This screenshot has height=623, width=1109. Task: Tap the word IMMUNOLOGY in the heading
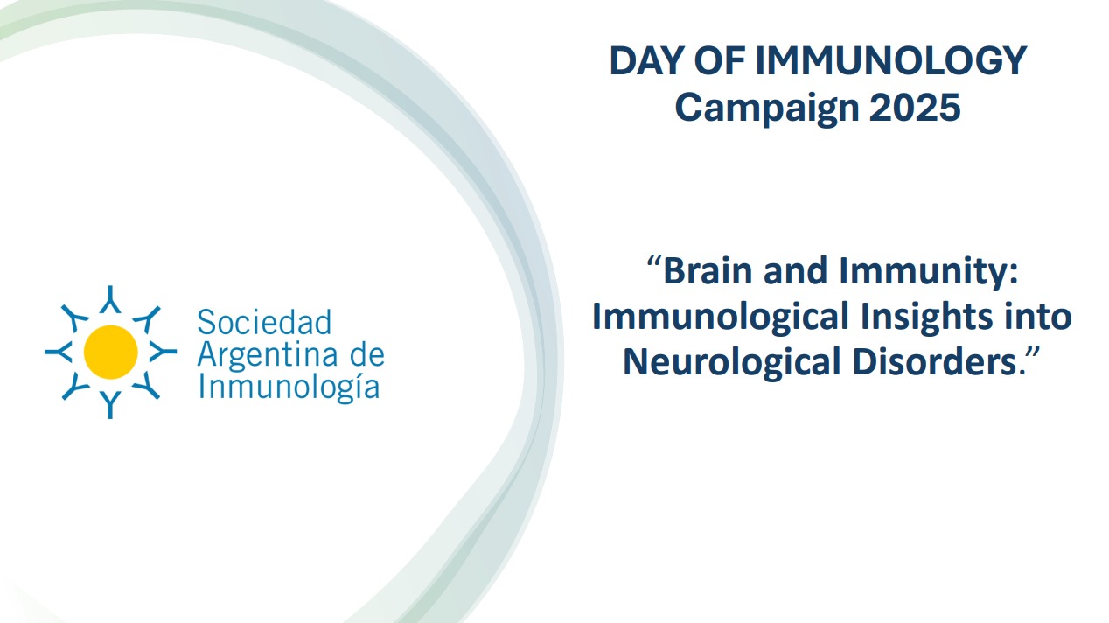point(890,60)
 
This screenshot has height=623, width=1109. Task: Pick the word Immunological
point(721,318)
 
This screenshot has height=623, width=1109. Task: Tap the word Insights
point(927,318)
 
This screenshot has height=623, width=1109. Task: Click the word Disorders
point(934,361)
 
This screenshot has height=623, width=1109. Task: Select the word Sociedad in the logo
point(264,322)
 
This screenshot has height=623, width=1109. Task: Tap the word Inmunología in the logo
point(289,388)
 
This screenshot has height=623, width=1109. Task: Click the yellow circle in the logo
point(110,352)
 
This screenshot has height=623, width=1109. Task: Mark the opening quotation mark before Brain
point(654,262)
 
